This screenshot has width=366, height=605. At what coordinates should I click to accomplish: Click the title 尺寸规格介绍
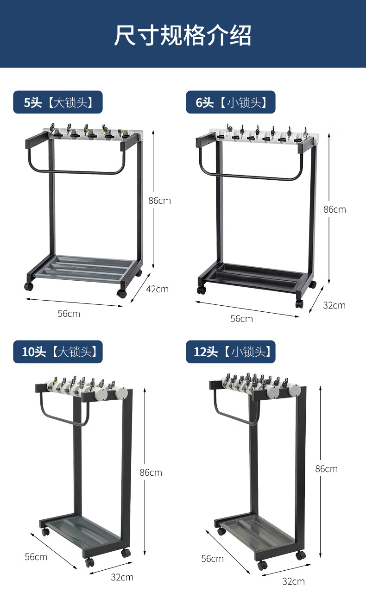[x=183, y=35]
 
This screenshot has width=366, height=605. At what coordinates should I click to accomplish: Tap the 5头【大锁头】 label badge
[x=58, y=102]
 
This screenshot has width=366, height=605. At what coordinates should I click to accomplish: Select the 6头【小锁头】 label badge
[x=231, y=102]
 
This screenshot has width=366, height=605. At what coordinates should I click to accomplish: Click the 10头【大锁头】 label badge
[x=58, y=352]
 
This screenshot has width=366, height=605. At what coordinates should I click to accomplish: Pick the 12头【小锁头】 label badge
[x=231, y=352]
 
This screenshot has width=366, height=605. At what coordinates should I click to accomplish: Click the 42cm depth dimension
[x=157, y=289]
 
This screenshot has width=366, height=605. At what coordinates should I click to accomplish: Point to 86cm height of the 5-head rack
[x=160, y=201]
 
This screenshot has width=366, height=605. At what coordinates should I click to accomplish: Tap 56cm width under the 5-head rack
[x=69, y=314]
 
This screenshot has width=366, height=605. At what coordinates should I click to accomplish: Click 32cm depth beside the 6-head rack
[x=334, y=305]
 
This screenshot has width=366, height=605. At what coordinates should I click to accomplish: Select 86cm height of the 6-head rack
[x=334, y=209]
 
